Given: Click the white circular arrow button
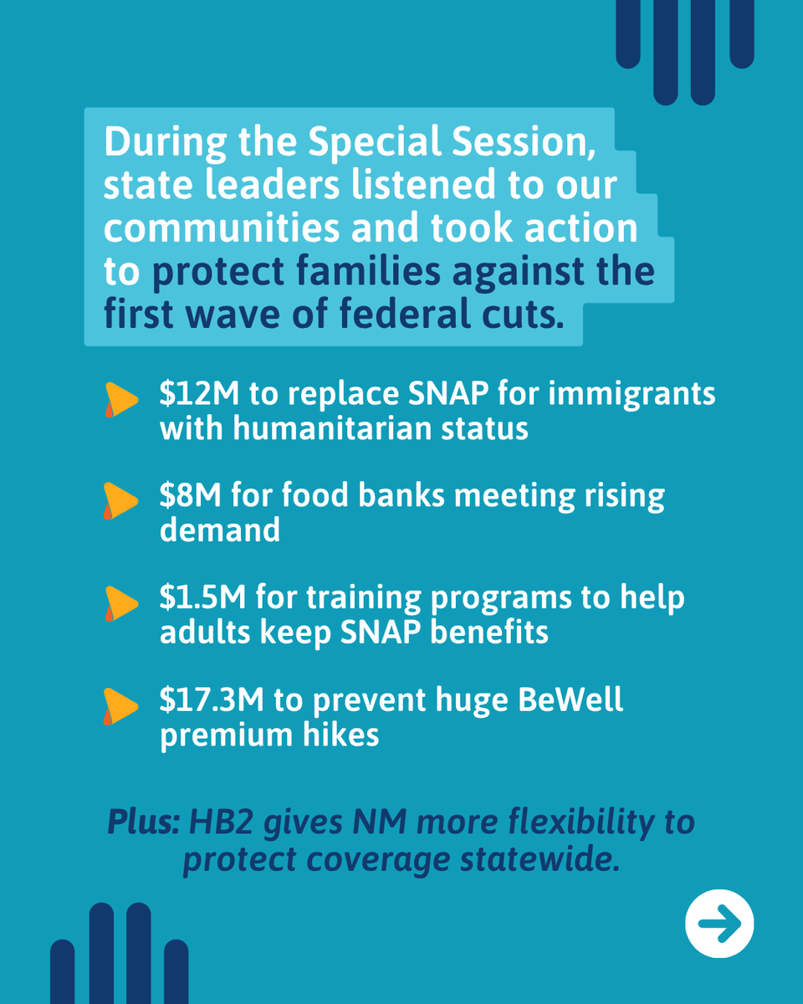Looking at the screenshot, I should click(x=719, y=924).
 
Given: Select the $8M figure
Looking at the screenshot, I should click(x=183, y=495).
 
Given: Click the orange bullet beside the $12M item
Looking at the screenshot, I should click(x=120, y=400).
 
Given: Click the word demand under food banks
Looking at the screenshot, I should click(x=220, y=530).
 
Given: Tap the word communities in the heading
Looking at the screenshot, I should click(x=222, y=229).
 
